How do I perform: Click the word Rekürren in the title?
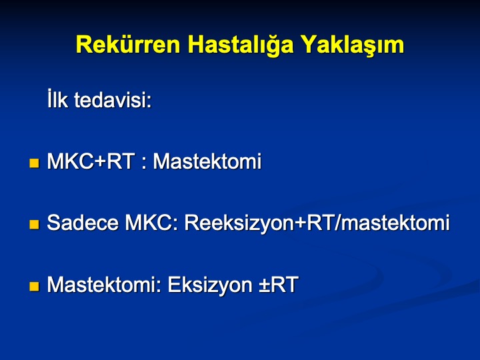[128, 45]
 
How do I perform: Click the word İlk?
[57, 99]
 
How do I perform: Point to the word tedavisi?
[113, 100]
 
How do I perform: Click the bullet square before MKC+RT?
[34, 163]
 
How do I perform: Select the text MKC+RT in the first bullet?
[91, 161]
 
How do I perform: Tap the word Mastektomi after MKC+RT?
[207, 161]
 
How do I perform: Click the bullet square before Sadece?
[34, 225]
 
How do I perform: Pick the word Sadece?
[83, 223]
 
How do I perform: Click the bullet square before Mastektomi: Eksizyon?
[34, 286]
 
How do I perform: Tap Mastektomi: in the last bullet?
[104, 285]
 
